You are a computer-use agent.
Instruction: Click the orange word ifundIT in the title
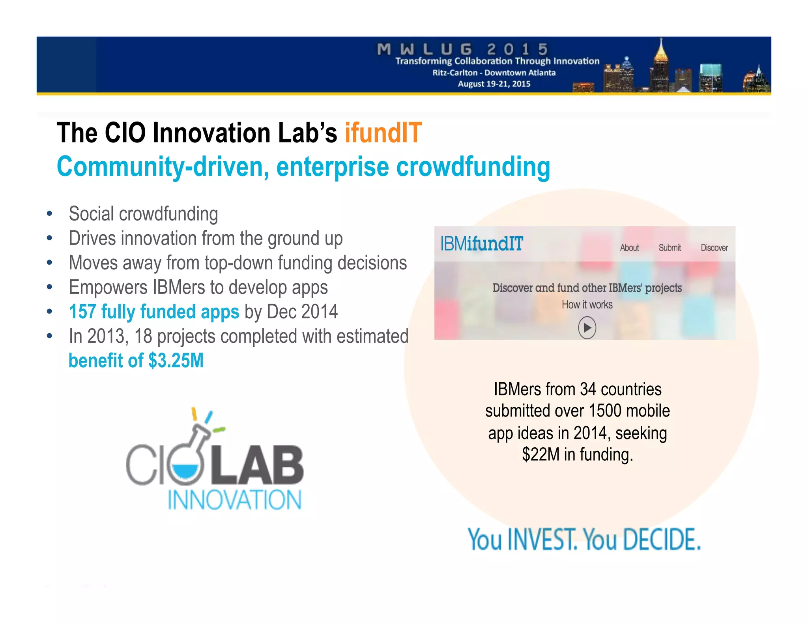[x=383, y=133]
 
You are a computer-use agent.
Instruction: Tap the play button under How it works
[x=587, y=328]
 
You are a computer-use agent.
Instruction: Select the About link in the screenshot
[x=629, y=248]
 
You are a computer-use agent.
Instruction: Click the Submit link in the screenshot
[x=670, y=248]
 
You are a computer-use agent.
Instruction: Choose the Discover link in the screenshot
[x=714, y=248]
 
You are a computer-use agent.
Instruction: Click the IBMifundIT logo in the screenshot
[x=481, y=244]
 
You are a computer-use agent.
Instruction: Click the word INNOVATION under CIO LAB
[x=234, y=500]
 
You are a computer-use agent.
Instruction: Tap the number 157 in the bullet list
[x=82, y=312]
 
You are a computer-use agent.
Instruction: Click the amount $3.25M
[x=176, y=361]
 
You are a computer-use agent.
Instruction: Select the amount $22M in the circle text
[x=541, y=455]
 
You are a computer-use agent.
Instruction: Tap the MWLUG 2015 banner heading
[x=462, y=50]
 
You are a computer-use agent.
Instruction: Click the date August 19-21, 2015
[x=494, y=84]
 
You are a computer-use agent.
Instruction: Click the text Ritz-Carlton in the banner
[x=454, y=73]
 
